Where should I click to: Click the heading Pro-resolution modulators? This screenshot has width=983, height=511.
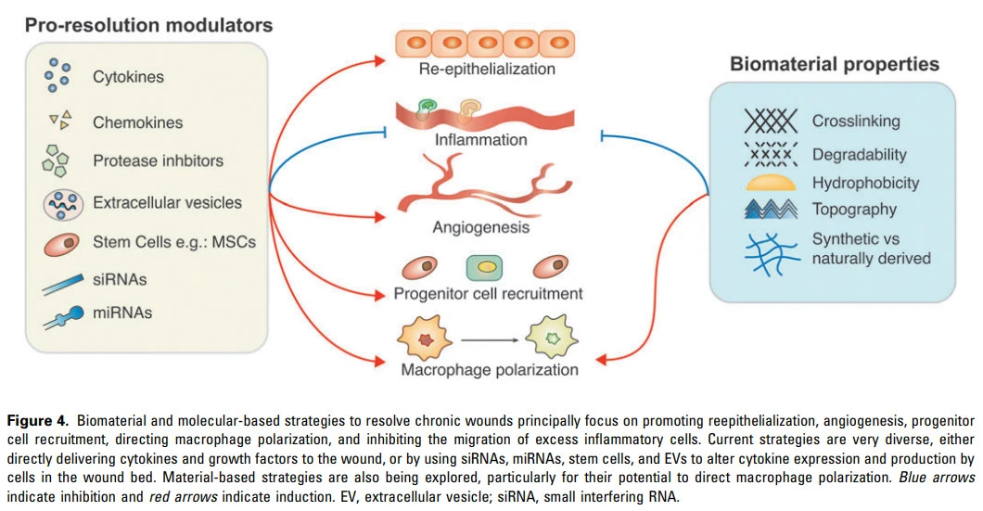click(x=148, y=25)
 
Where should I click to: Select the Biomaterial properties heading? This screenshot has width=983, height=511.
click(x=834, y=64)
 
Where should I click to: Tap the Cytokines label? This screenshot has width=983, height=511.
click(x=128, y=77)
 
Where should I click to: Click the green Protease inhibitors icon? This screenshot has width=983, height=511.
click(x=56, y=161)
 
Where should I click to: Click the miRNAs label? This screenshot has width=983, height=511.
click(x=121, y=313)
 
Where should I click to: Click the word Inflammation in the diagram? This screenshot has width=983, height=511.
click(x=480, y=141)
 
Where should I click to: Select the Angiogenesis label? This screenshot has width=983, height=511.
click(x=480, y=227)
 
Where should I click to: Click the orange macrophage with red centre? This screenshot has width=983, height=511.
click(x=427, y=340)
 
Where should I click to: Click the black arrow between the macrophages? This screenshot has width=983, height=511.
click(x=488, y=340)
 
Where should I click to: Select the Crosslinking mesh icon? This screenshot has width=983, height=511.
click(x=771, y=120)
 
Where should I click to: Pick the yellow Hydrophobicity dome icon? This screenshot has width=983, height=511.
click(x=771, y=182)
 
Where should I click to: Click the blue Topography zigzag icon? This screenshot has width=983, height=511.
click(x=771, y=210)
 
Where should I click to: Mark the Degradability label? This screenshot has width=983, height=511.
click(x=859, y=154)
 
